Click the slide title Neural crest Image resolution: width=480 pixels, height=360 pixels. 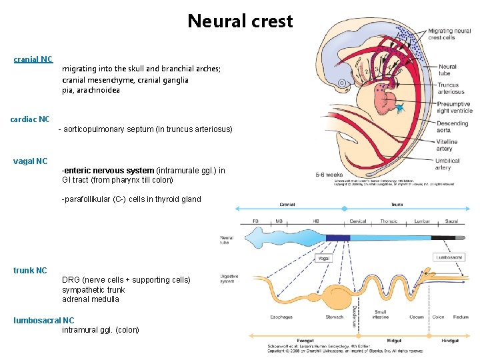[240, 21]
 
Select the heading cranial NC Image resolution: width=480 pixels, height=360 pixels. [33, 59]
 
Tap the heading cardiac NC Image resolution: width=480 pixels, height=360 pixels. [30, 119]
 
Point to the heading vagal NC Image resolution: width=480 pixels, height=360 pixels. [31, 161]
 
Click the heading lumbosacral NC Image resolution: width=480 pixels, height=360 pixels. [44, 320]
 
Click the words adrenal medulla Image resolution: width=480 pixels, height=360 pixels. [91, 299]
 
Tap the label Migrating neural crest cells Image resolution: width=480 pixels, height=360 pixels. [449, 34]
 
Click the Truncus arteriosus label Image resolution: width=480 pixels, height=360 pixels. [451, 88]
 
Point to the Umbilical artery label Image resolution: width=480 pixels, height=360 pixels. [451, 164]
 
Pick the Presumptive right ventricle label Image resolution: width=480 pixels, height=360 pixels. [454, 107]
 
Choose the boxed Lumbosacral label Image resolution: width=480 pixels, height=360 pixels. [449, 257]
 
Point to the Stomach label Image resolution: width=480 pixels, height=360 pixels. [335, 317]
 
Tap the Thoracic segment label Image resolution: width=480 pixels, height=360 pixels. [389, 221]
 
